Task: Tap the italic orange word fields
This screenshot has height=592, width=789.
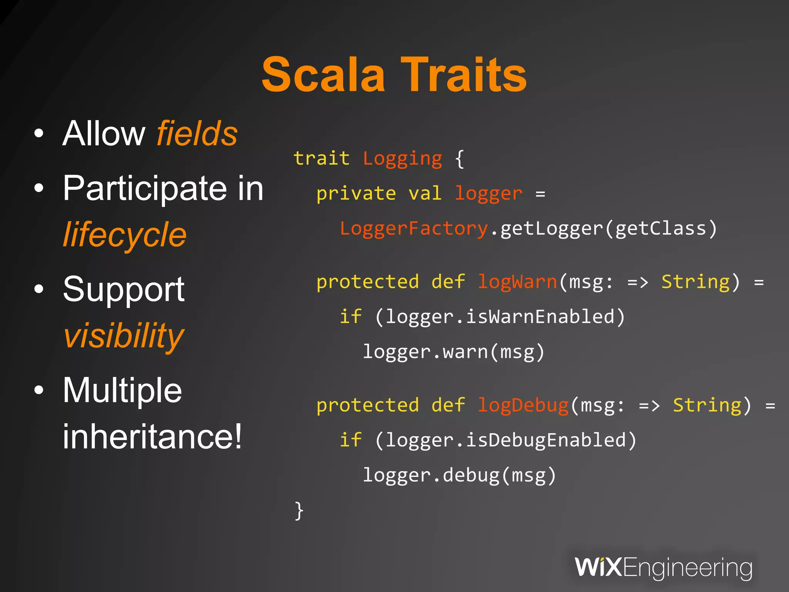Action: click(x=197, y=133)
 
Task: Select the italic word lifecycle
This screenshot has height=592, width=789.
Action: click(x=124, y=235)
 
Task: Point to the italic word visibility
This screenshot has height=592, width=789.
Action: click(x=124, y=335)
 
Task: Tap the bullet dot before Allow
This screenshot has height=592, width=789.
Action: click(x=39, y=134)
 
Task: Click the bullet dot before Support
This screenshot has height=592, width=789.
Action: click(x=39, y=289)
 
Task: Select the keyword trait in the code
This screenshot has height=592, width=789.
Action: click(x=321, y=158)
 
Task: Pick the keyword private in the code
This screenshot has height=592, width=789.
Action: click(x=356, y=193)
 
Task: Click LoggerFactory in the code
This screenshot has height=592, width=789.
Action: click(x=414, y=229)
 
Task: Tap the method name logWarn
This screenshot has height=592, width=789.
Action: click(x=517, y=282)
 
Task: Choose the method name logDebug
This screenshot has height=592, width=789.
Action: click(x=523, y=405)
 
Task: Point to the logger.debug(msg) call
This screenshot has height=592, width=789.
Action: click(x=459, y=475)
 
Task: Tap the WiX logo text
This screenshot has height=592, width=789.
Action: click(x=598, y=567)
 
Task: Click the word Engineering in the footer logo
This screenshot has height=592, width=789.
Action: click(x=687, y=568)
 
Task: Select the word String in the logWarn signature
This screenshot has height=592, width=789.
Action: click(x=695, y=282)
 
